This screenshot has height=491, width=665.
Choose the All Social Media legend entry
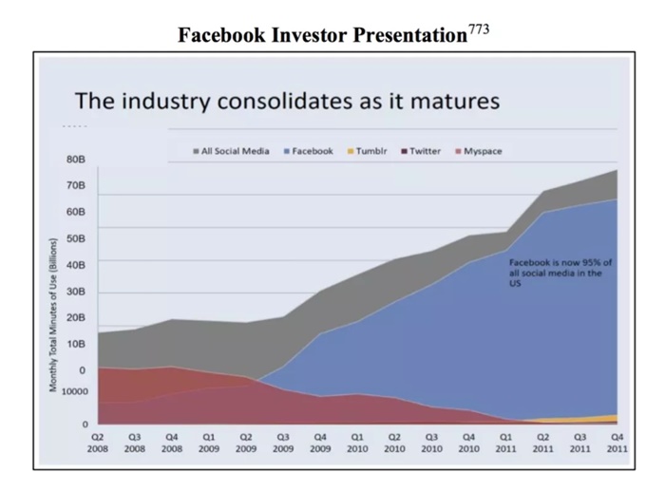point(236,151)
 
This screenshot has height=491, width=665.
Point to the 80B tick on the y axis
point(76,160)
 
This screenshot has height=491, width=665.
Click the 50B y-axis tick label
point(76,237)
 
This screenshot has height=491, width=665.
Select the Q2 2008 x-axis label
point(98,442)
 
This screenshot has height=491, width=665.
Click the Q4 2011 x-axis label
point(616,442)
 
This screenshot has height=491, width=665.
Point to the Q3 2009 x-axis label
point(283,442)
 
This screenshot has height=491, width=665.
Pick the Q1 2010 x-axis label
point(357,442)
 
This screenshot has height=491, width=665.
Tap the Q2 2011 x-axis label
point(541,442)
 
